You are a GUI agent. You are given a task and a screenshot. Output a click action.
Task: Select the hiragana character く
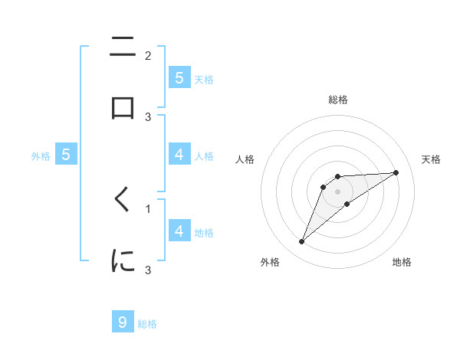[x=123, y=200]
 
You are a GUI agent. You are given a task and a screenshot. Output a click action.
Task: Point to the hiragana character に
[x=123, y=261]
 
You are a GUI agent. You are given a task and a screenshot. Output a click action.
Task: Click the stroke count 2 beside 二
[x=148, y=55]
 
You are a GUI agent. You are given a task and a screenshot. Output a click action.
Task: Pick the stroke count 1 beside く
[x=148, y=208]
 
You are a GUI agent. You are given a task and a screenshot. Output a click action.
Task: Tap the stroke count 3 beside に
[x=148, y=270]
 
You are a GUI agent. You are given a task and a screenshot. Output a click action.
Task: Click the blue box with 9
[x=123, y=322]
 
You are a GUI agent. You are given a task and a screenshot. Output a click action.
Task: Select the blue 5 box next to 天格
[x=179, y=77]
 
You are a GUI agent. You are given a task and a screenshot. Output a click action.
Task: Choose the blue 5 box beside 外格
[x=67, y=155]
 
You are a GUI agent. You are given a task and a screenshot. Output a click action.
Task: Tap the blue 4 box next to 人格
[x=179, y=155]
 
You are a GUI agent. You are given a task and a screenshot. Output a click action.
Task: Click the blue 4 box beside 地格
[x=179, y=231]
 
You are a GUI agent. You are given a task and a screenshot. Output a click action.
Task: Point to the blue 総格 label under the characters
[x=147, y=324]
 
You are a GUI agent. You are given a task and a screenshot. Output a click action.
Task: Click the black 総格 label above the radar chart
[x=338, y=100]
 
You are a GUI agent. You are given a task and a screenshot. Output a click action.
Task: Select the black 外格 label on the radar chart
[x=270, y=262]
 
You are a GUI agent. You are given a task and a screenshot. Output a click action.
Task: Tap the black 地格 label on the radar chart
[x=402, y=262]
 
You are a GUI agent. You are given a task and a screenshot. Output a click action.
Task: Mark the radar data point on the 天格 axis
[x=396, y=172]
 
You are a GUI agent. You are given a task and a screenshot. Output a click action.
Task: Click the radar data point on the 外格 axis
[x=301, y=242]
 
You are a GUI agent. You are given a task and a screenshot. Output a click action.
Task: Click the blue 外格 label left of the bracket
[x=41, y=156]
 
